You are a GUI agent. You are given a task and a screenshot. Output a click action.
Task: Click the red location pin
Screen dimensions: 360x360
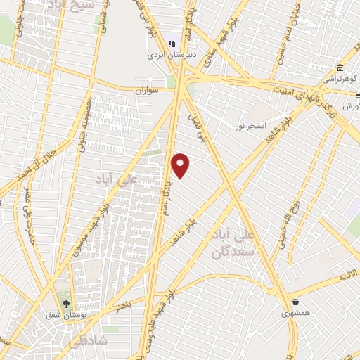181,165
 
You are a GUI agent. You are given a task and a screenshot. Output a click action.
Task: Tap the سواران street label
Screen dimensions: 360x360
150,91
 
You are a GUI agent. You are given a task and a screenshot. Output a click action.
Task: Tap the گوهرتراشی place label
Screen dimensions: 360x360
340,79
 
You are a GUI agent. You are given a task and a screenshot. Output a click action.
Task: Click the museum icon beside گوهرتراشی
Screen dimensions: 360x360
340,68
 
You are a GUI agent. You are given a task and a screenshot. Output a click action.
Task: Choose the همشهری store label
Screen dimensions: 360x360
297,313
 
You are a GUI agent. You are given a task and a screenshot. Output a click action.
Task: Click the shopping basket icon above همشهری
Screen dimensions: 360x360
296,302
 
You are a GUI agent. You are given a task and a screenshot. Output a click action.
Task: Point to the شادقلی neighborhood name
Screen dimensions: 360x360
87,341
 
